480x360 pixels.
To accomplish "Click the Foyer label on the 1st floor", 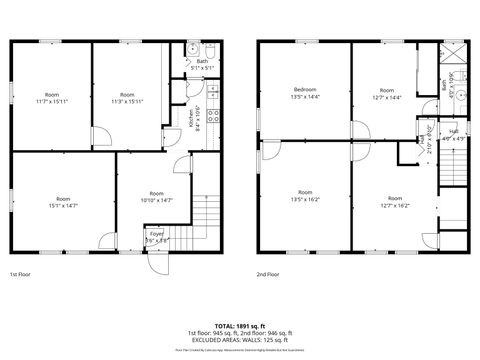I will (x=156, y=234).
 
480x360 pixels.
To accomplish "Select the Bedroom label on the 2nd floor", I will (x=305, y=90).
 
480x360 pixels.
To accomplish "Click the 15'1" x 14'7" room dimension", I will (x=62, y=205).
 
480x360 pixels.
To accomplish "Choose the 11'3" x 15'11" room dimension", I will (x=126, y=101).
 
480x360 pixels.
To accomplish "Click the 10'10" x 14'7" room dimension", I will (x=156, y=200).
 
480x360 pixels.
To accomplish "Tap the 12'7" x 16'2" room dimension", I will (x=395, y=205).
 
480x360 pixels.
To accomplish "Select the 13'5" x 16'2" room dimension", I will (x=305, y=199).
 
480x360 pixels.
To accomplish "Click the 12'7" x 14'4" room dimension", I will (x=385, y=97).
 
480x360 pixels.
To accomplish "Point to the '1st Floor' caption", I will (x=21, y=274).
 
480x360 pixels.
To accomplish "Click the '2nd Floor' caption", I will (x=268, y=274).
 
